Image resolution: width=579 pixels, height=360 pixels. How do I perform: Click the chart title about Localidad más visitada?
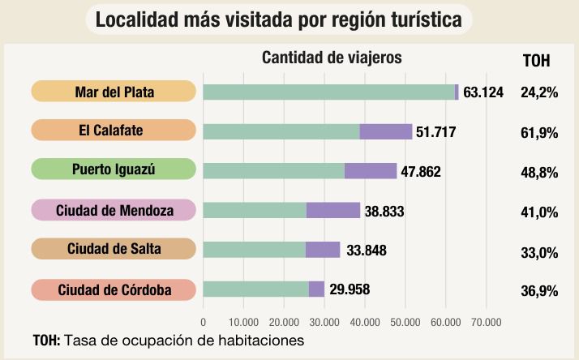coord(278,19)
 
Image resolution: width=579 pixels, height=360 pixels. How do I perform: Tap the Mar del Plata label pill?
coord(114,92)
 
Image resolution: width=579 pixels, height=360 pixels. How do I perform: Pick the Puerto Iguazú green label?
coord(114,169)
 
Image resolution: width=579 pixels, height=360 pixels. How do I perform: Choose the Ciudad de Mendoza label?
coord(114,210)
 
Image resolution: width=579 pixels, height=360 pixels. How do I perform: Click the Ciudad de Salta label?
coord(114,249)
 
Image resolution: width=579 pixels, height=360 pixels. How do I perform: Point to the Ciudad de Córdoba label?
coord(114,289)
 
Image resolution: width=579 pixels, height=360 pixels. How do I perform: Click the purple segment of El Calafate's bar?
coord(386,131)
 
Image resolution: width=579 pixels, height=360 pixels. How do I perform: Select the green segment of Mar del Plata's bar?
coord(328,92)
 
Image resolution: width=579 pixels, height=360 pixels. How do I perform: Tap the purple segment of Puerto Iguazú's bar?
coord(371,170)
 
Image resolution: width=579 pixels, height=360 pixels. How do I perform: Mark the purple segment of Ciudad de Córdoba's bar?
coord(316,289)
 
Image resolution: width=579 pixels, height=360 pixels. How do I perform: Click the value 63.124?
coord(483,92)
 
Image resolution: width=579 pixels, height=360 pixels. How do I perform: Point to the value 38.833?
coord(384,211)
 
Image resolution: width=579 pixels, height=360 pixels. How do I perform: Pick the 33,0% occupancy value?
coord(539,252)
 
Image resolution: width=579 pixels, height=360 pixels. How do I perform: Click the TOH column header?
coord(537,60)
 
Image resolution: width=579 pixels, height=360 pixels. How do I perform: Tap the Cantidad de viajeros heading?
coord(332,58)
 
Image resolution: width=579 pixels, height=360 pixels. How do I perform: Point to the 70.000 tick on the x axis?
coord(485,323)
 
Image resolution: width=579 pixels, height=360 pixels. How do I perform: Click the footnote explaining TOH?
coord(168,341)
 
